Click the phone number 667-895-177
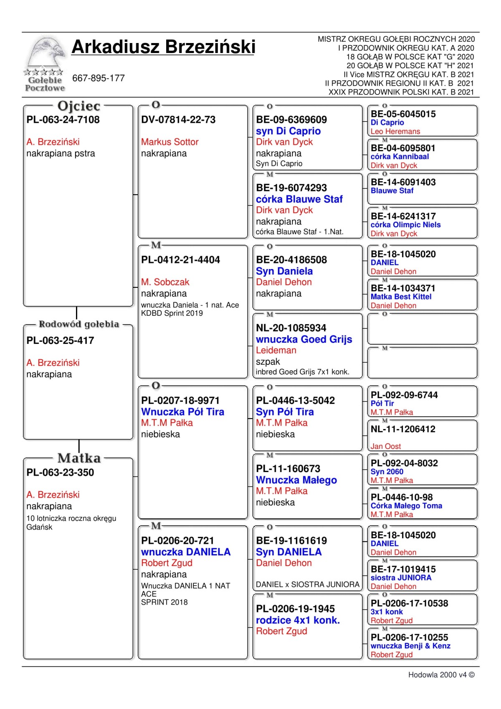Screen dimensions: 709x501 point(99,78)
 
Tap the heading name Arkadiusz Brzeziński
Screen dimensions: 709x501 point(163,47)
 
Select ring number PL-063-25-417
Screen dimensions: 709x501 point(60,341)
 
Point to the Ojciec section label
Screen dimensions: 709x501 point(79,106)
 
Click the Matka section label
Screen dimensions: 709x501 point(79,458)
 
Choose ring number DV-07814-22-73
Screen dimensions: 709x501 point(178,120)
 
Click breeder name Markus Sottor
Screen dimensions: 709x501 point(170,142)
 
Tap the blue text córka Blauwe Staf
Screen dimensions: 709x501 point(299,199)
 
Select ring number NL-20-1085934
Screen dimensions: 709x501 point(291,328)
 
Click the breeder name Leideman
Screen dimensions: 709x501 point(276,351)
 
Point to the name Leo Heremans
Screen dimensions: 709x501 point(395,132)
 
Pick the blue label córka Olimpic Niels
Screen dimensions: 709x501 point(405,225)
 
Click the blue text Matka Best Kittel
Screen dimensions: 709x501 point(401,297)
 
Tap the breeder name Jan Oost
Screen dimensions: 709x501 point(385,447)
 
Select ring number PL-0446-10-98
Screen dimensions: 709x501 point(402,497)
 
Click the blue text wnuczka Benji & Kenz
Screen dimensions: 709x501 point(410,646)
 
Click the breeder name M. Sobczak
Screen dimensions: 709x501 point(165,282)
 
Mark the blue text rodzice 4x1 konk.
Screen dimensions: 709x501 point(298,620)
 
